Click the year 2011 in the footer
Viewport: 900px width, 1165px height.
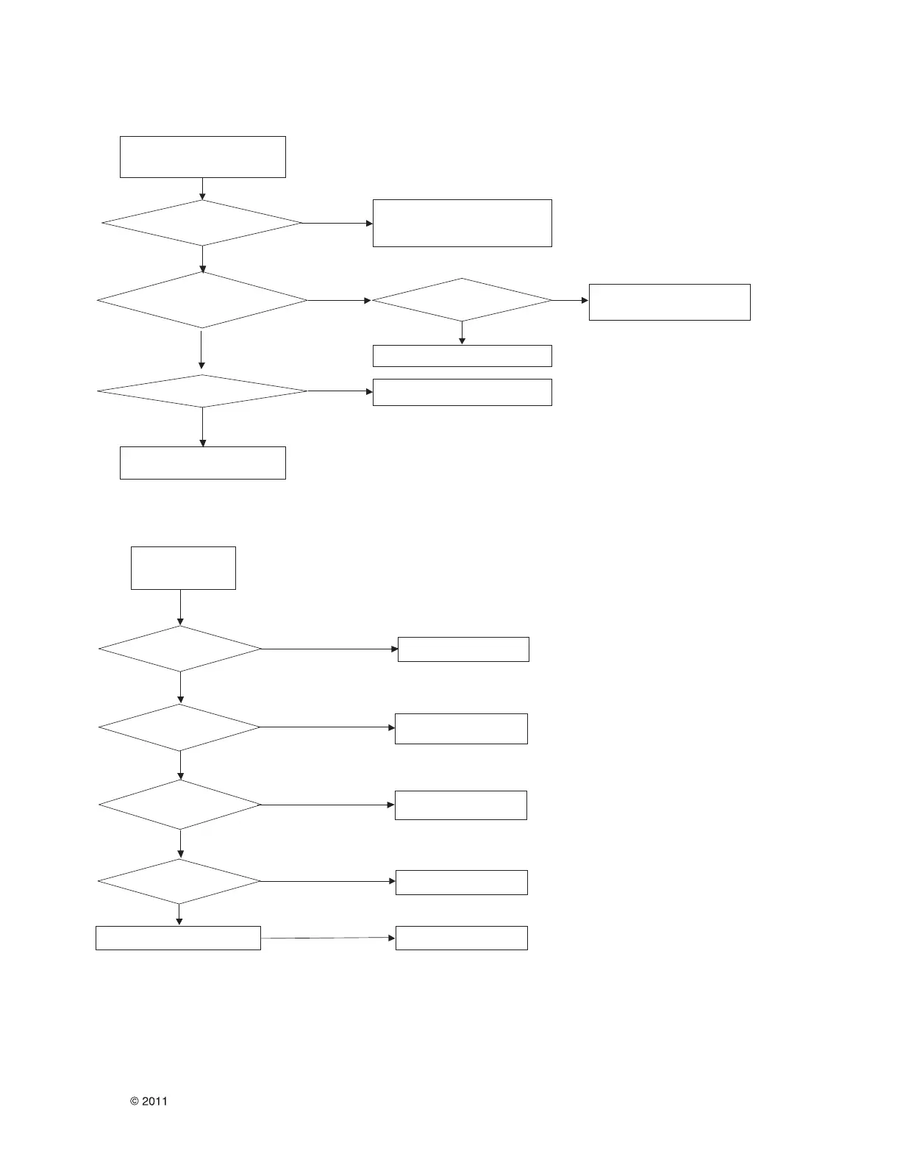[154, 1101]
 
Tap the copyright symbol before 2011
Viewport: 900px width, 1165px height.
[135, 1101]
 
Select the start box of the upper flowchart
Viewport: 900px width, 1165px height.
[202, 157]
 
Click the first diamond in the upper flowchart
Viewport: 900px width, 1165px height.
[202, 223]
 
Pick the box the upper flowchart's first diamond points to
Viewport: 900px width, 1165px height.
[462, 223]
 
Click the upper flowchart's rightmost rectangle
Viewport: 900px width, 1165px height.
[669, 302]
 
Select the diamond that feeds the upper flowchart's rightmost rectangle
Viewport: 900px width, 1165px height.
[462, 300]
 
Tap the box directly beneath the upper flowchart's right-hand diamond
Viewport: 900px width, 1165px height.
[462, 356]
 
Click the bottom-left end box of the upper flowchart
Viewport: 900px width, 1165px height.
[202, 463]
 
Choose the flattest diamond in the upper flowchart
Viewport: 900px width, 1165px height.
[202, 391]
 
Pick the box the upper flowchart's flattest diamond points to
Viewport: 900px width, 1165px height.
[462, 392]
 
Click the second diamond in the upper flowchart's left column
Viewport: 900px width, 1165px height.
[202, 300]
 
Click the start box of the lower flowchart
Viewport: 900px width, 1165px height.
[183, 568]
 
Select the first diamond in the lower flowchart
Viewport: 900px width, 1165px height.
[180, 649]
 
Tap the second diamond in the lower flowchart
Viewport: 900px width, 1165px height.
[180, 727]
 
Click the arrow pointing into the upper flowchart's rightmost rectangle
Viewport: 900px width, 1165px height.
[571, 300]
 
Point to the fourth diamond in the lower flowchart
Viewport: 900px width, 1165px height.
[179, 881]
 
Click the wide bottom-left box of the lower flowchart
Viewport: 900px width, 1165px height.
[178, 938]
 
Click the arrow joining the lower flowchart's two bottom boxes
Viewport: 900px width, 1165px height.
[328, 938]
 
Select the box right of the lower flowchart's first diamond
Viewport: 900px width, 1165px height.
[463, 649]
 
